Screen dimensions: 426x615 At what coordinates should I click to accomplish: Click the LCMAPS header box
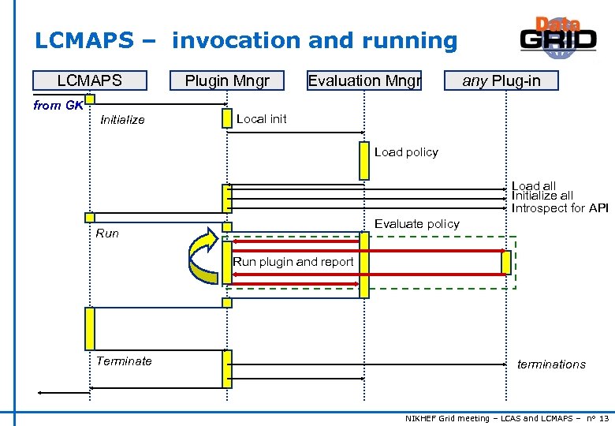tap(89, 80)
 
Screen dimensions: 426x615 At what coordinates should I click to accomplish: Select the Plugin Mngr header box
tap(227, 80)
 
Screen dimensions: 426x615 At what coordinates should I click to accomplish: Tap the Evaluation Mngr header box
tap(364, 80)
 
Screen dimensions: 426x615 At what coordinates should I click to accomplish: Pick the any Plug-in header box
tap(501, 80)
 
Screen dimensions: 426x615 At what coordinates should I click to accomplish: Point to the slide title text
tap(246, 40)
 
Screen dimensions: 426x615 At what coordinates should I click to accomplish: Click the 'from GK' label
tap(58, 105)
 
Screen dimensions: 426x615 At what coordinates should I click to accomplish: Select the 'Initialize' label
tap(122, 120)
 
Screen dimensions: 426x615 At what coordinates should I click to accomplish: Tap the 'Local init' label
tap(262, 119)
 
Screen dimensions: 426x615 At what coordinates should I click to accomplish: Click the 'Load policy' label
tap(406, 152)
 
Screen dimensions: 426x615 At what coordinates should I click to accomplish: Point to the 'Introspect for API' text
tap(560, 208)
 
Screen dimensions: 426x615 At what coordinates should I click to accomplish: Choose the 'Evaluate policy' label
tap(416, 224)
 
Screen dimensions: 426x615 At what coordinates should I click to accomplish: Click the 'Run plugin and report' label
tap(293, 262)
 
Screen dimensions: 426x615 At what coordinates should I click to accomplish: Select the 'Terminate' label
tap(124, 361)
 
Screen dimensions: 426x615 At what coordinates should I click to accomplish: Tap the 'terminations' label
tap(551, 364)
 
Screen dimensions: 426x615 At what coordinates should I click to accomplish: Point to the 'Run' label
tap(107, 234)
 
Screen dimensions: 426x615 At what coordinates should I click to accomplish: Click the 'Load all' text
tap(534, 186)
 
